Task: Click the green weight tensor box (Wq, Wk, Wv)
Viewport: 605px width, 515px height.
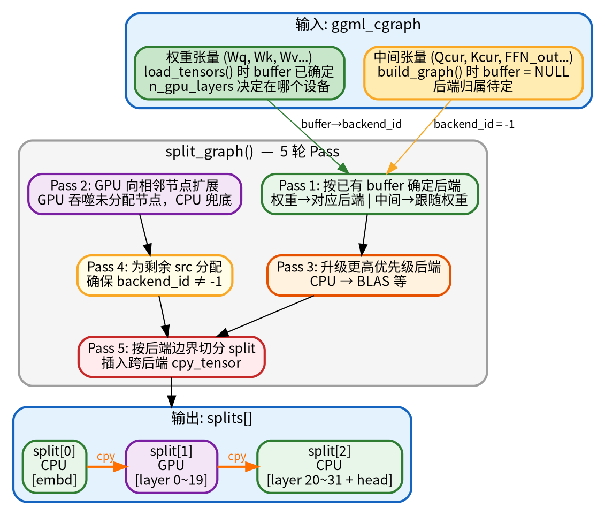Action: (x=239, y=73)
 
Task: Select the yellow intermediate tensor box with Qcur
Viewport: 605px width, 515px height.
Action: (x=473, y=73)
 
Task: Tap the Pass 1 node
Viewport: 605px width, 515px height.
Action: (x=370, y=194)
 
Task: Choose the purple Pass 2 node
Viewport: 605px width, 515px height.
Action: (x=135, y=194)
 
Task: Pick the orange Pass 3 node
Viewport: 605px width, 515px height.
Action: (x=358, y=275)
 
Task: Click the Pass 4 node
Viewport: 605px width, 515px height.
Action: (x=155, y=275)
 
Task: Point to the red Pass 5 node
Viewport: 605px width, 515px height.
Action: (x=172, y=356)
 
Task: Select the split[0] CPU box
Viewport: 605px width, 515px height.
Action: (x=55, y=466)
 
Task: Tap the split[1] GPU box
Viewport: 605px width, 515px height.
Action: (x=171, y=466)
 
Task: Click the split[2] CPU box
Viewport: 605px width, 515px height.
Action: (x=330, y=466)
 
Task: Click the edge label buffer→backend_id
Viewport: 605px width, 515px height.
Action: (x=351, y=125)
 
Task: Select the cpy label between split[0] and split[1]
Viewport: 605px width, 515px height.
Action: (x=106, y=457)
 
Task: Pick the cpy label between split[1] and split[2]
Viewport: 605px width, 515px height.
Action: (x=237, y=457)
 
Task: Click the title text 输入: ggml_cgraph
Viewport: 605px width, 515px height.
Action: (x=358, y=25)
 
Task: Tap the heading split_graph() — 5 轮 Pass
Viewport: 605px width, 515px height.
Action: (x=252, y=152)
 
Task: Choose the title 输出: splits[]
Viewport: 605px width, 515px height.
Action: (x=212, y=418)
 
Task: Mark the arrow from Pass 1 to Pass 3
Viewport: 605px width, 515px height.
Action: (x=364, y=234)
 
